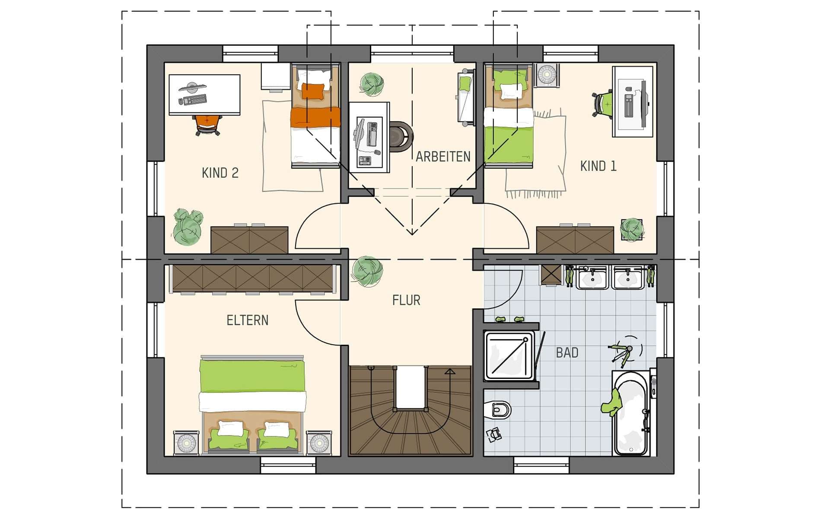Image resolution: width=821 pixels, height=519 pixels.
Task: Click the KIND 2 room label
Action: coord(220,173)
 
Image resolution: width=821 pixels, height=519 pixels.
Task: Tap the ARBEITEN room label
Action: coord(443,157)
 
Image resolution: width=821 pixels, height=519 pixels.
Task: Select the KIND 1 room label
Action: coord(598,166)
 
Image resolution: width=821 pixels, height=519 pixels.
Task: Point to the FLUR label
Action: coord(406,300)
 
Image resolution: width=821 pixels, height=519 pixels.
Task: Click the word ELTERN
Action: coord(248,320)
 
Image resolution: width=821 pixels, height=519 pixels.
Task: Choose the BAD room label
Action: coord(567,353)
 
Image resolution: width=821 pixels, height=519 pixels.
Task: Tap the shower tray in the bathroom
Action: coord(509,356)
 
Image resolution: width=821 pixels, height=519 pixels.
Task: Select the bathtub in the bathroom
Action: coord(631,413)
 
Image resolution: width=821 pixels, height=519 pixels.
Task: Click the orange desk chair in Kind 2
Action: coord(207,125)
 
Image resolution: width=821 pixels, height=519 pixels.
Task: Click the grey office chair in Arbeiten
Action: coord(401,137)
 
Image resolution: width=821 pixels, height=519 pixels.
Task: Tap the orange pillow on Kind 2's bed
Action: coord(312,91)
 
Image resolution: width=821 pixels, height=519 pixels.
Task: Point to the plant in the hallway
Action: coord(367,272)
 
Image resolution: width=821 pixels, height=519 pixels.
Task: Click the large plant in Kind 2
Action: coord(188,227)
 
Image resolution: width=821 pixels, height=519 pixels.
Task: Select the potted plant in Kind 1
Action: coord(632,230)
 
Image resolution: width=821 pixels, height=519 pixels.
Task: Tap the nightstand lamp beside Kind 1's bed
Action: coord(546,74)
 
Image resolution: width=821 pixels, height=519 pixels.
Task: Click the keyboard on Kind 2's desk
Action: coord(194,100)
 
